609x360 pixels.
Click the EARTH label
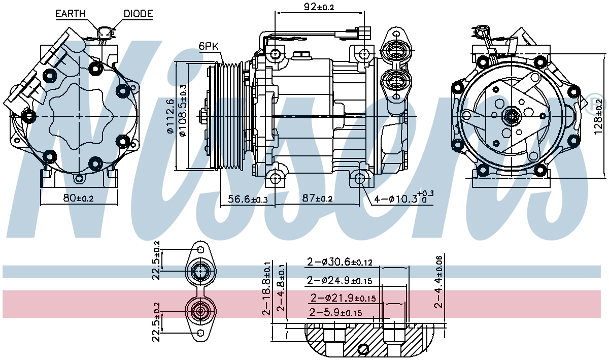[x=71, y=14]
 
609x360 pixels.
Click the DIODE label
[x=138, y=14]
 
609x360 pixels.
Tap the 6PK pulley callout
[x=209, y=46]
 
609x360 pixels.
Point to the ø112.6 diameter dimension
[x=170, y=116]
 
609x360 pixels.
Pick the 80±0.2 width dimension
[x=78, y=198]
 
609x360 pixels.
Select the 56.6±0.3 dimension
[x=247, y=200]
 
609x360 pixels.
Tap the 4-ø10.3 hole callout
[x=403, y=198]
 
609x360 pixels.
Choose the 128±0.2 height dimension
[x=599, y=116]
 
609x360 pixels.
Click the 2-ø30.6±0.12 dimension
[x=340, y=263]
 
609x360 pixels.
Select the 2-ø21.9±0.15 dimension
[x=343, y=298]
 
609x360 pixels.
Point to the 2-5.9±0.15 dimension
[x=335, y=312]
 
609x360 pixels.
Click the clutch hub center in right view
[x=510, y=117]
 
